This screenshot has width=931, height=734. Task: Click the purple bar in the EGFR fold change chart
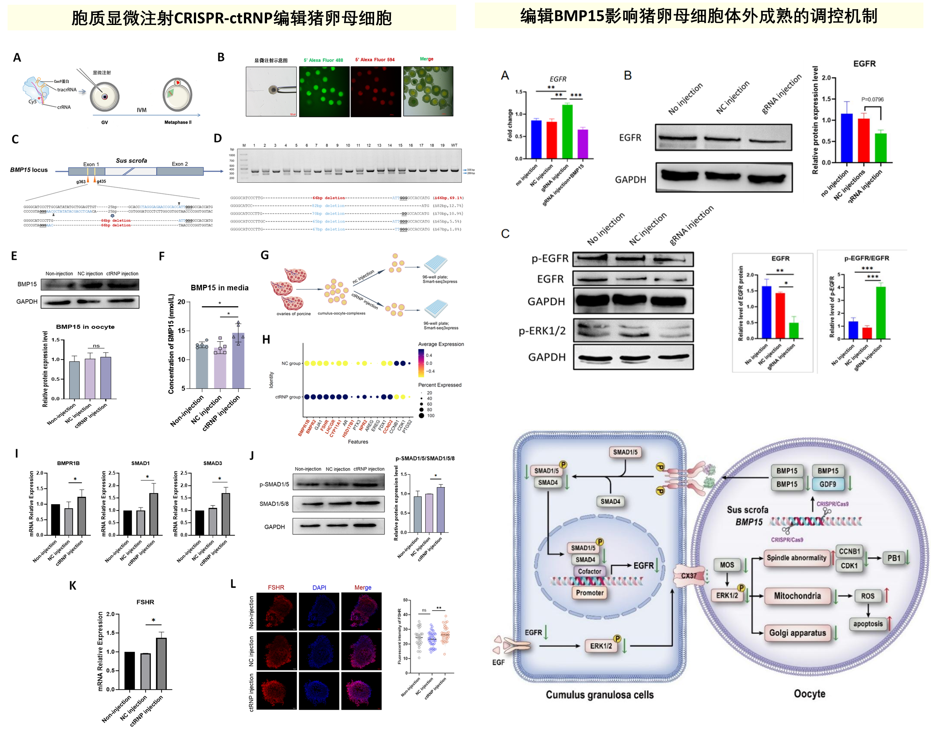[x=583, y=144]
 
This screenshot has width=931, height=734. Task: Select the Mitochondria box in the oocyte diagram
[x=797, y=596]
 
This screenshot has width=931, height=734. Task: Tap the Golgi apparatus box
[x=797, y=633]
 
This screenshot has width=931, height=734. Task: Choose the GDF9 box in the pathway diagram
[x=827, y=484]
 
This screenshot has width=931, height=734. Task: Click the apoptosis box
[x=868, y=624]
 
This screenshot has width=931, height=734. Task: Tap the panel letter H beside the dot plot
[x=266, y=340]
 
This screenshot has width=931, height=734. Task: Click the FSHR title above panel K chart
[x=145, y=602]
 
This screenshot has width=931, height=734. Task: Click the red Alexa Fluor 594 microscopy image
[x=375, y=91]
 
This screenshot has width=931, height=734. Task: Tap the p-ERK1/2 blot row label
[x=542, y=331]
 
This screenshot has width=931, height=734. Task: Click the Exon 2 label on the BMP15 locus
[x=180, y=164]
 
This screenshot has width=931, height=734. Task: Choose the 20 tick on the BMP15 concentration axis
[x=182, y=302]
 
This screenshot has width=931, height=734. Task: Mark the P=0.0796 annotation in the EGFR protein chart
[x=872, y=99]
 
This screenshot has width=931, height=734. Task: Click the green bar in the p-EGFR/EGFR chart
[x=881, y=312]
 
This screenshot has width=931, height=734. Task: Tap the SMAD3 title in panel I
[x=213, y=463]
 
